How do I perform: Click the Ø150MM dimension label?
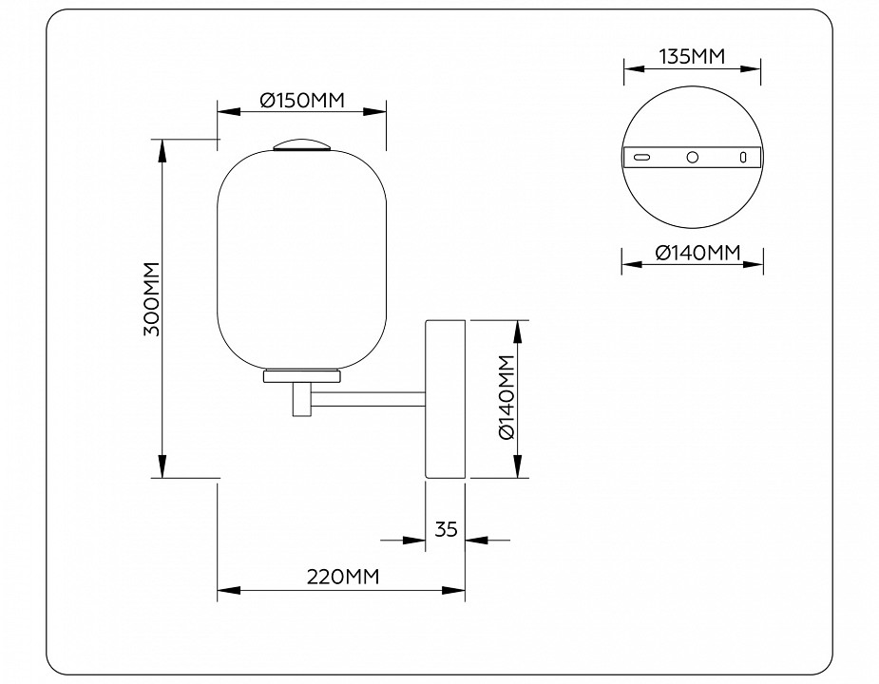pos(300,99)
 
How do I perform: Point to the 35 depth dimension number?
pos(447,529)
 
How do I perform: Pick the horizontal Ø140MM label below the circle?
pos(697,253)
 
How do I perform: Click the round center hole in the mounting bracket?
pos(693,157)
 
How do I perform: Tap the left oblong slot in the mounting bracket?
pos(643,157)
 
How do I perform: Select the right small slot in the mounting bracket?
pos(744,157)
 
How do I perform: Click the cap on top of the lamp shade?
pos(301,145)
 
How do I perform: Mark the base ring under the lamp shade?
pos(301,376)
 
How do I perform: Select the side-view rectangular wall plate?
pos(446,399)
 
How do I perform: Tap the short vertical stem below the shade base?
pos(300,399)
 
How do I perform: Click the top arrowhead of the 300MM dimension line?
pos(163,148)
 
